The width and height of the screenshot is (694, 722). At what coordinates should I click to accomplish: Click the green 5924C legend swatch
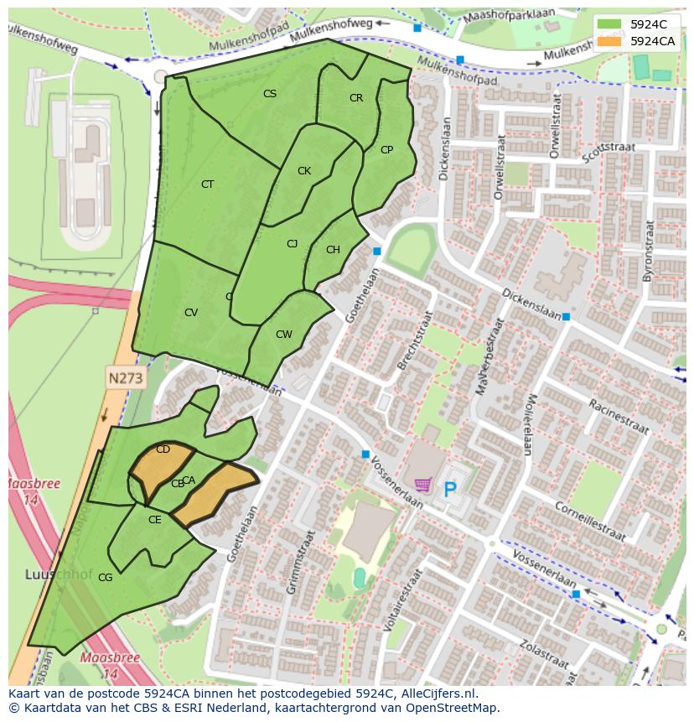(609, 24)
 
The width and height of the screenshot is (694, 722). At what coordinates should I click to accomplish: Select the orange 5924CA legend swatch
(609, 41)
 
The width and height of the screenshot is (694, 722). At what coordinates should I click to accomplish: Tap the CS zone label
(270, 94)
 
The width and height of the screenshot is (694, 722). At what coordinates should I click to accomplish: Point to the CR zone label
(356, 98)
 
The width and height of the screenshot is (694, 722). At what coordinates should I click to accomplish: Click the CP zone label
(386, 150)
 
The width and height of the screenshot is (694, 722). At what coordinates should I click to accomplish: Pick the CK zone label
(304, 171)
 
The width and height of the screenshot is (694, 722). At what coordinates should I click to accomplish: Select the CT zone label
(207, 184)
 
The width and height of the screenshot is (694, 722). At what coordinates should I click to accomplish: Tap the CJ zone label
(292, 244)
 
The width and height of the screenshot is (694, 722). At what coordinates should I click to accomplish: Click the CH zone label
(333, 250)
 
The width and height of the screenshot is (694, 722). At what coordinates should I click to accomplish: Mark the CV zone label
(191, 313)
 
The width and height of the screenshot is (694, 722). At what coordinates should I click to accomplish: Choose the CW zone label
(284, 335)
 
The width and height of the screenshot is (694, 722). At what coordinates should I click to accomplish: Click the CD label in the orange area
(163, 449)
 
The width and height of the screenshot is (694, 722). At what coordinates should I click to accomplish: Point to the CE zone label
(154, 520)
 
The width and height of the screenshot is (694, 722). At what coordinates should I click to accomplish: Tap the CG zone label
(105, 578)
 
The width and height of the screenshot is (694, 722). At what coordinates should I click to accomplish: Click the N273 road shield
(126, 378)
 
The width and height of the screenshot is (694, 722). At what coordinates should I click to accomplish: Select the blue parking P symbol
(450, 489)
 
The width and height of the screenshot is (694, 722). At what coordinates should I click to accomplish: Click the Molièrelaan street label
(529, 423)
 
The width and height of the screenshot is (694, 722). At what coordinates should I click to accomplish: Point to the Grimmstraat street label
(294, 562)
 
